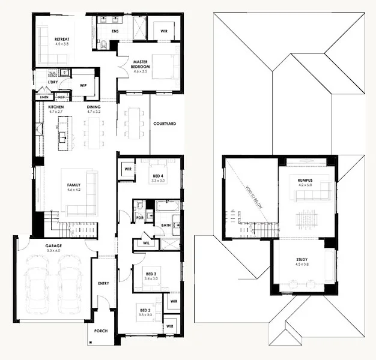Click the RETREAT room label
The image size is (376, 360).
(x=62, y=38)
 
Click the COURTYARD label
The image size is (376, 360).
(x=164, y=124)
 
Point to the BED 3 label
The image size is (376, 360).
(x=151, y=274)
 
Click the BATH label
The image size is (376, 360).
(x=166, y=225)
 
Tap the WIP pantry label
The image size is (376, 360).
(x=84, y=86)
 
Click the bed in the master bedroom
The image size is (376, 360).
(x=163, y=65)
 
